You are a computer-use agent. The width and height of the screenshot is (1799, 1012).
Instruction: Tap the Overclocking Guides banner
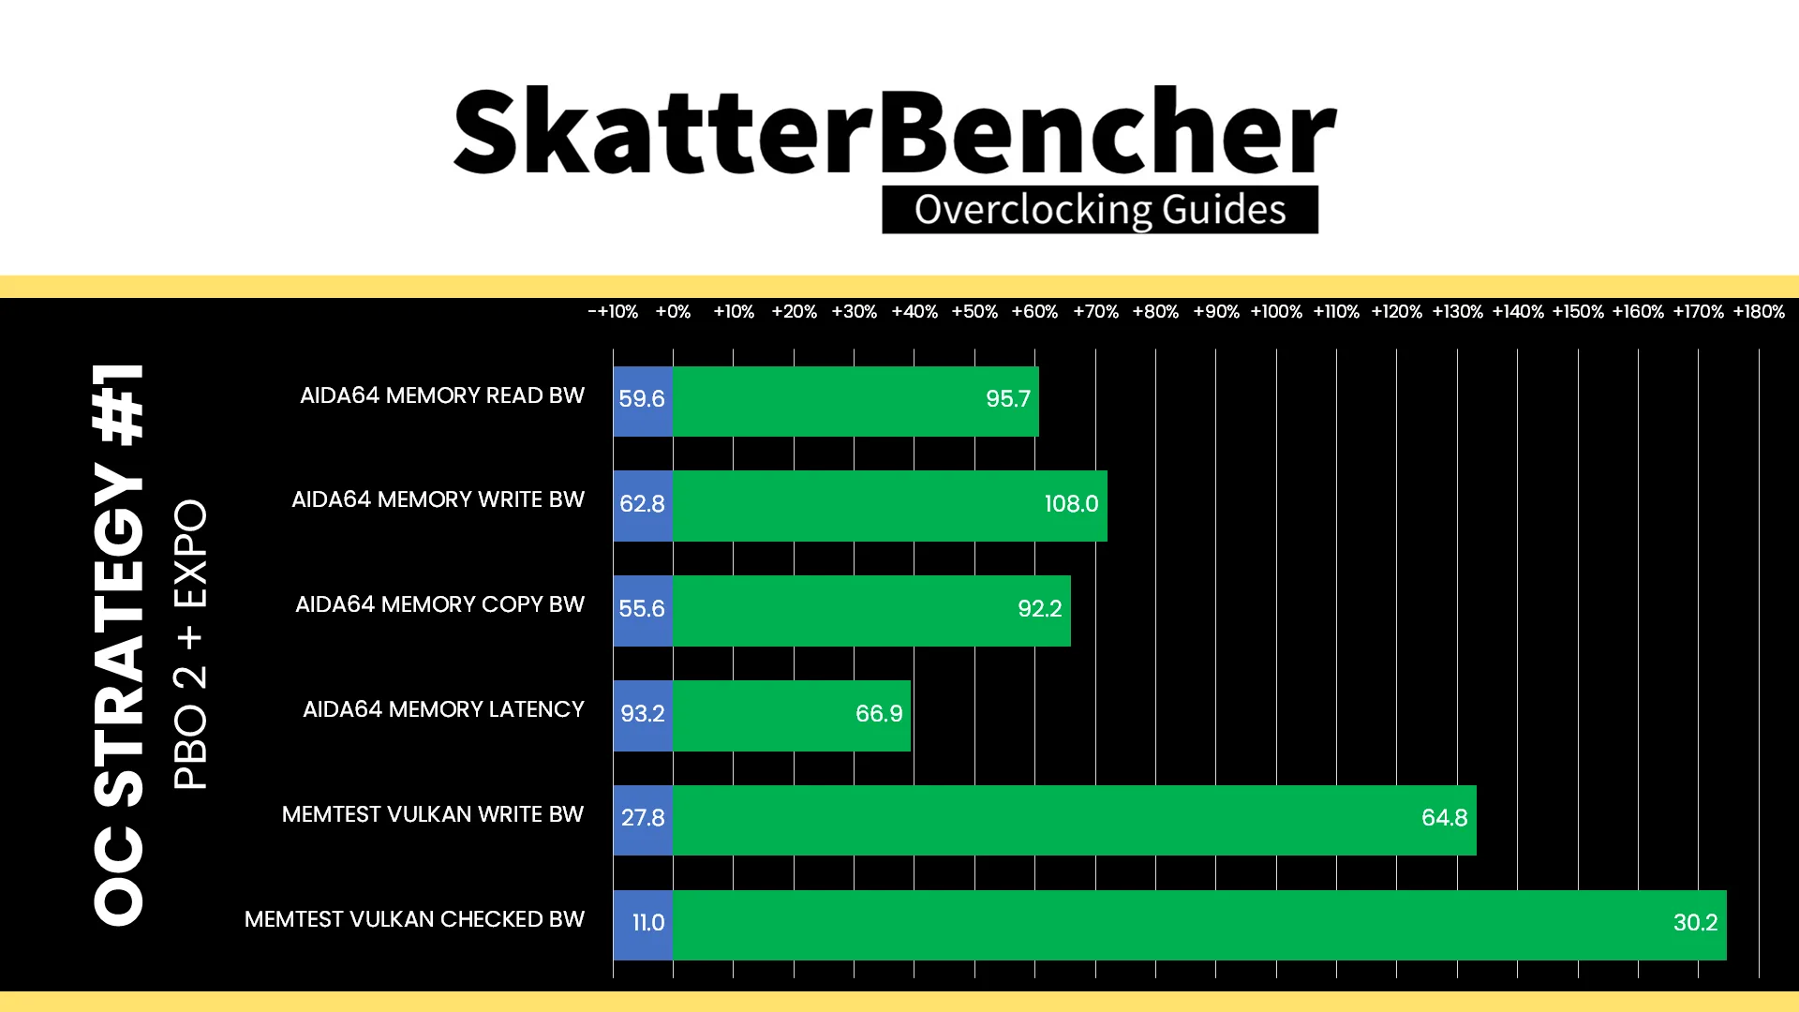coord(1100,210)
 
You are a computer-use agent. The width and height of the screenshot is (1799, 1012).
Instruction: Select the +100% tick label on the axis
coord(1276,312)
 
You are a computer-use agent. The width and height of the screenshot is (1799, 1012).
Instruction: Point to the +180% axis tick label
coord(1759,312)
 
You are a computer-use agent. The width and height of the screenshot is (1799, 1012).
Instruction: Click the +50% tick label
coord(974,312)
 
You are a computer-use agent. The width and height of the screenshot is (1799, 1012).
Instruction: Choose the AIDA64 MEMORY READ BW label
coord(442,395)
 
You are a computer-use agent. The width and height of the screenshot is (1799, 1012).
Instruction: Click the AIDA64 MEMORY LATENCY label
coord(443,709)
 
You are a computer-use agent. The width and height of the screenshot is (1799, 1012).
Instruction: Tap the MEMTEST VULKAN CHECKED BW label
coord(414,919)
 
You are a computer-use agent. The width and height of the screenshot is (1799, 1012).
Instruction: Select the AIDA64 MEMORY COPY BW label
coord(439,604)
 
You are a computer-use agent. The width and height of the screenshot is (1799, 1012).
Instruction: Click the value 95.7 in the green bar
coord(1008,399)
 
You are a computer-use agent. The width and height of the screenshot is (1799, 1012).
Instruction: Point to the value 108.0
coord(1071,504)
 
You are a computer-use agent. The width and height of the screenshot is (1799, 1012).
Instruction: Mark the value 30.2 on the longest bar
coord(1695,923)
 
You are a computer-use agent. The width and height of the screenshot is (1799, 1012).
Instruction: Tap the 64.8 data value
coord(1445,818)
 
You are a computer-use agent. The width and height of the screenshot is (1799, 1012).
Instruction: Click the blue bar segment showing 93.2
coord(643,715)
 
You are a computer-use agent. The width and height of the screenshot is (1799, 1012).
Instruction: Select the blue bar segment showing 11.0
coord(643,925)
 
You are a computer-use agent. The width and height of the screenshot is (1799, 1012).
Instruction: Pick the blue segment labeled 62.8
coord(643,506)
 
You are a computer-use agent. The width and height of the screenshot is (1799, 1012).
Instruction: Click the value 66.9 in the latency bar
coord(879,714)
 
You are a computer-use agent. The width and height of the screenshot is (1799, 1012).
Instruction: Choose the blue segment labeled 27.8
coord(643,820)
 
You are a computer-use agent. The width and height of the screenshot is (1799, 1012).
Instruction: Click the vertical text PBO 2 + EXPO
coord(190,645)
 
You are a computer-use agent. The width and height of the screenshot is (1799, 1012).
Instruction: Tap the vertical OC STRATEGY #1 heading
coord(119,645)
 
